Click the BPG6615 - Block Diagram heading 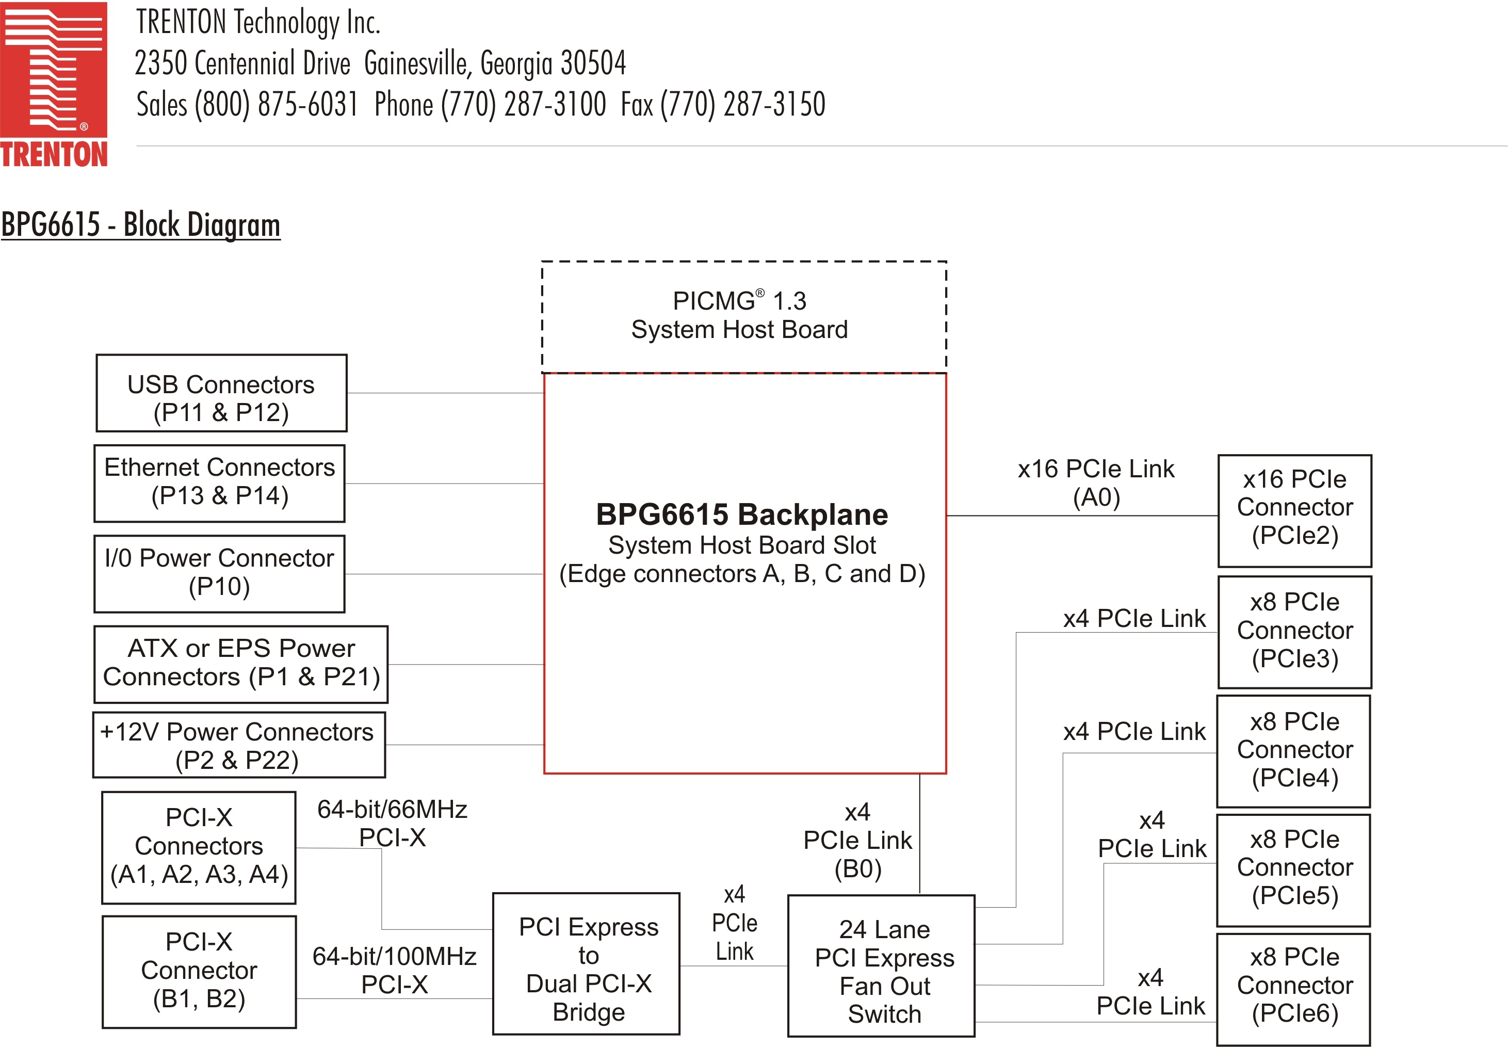[x=140, y=224]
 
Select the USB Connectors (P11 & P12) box [x=221, y=394]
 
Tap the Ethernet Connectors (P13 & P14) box [x=219, y=484]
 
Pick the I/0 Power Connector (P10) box [x=219, y=574]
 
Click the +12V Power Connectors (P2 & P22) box [x=239, y=745]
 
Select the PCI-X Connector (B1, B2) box [x=199, y=972]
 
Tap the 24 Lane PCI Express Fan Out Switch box [x=881, y=965]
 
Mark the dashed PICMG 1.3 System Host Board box [x=743, y=317]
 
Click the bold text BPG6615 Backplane [x=742, y=515]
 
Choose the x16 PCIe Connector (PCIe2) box [x=1294, y=510]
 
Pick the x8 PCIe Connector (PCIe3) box [x=1294, y=632]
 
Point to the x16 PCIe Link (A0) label [x=1096, y=483]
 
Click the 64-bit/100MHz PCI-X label [x=394, y=970]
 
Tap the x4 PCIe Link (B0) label [x=857, y=841]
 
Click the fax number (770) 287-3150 [x=742, y=105]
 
